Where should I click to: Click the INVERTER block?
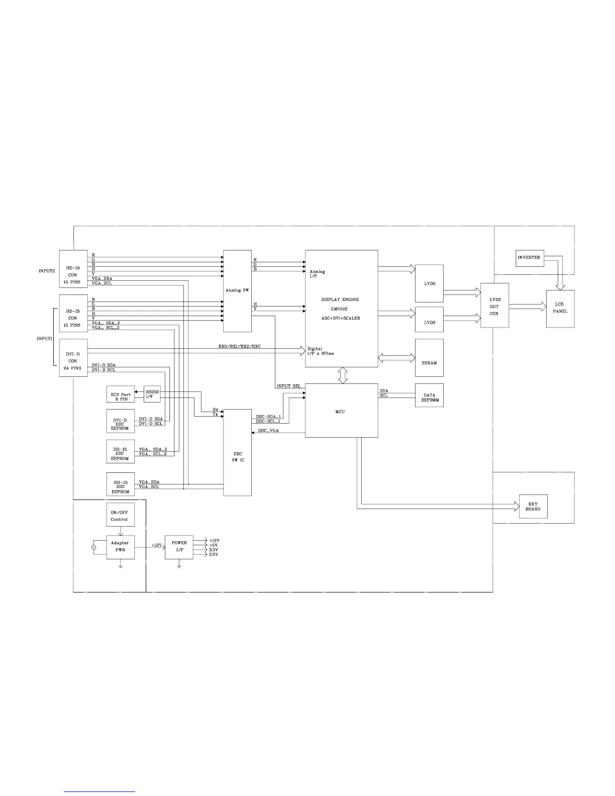[530, 258]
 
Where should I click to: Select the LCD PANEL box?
[560, 309]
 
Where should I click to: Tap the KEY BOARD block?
[533, 507]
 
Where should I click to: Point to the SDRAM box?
[429, 358]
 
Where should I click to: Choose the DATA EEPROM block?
[429, 395]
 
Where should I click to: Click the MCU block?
[341, 411]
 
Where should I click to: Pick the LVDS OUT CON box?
[494, 306]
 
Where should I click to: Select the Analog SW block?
[237, 291]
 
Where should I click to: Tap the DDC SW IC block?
[237, 452]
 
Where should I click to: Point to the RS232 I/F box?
[152, 394]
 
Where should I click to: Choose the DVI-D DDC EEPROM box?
[121, 421]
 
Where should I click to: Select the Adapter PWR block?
[120, 546]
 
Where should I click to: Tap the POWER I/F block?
[179, 546]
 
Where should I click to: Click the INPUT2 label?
[47, 271]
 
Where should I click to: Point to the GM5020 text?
[340, 309]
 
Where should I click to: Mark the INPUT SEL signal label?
[288, 386]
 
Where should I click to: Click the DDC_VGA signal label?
[269, 431]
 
